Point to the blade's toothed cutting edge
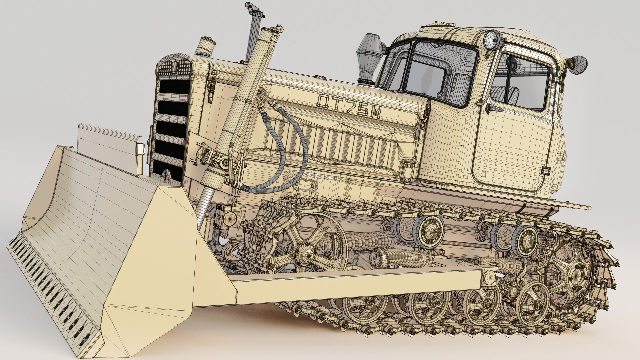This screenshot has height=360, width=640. pos(50,283)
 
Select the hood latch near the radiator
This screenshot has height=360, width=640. pos(211,86)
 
